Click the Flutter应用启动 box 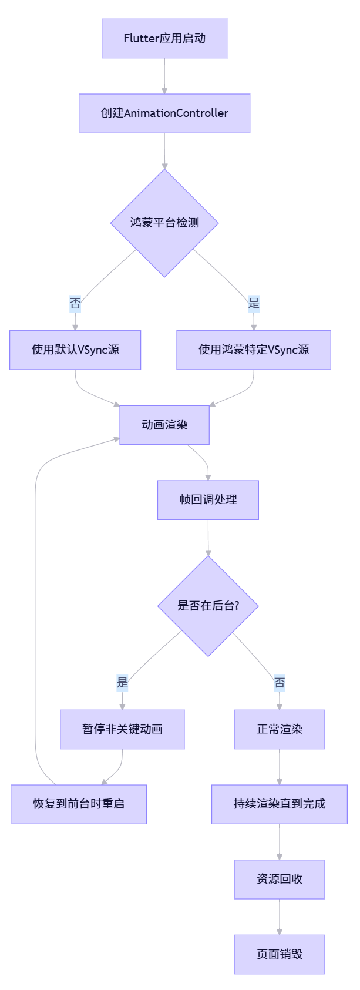tap(164, 38)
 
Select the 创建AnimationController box tap(164, 113)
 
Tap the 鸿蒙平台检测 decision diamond tap(164, 223)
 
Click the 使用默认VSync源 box tap(75, 350)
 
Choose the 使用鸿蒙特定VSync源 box tap(254, 350)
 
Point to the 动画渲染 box tap(164, 425)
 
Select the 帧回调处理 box tap(208, 500)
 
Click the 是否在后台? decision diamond tap(208, 606)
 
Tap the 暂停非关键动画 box tap(122, 729)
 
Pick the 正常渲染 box tap(280, 729)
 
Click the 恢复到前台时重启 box tap(79, 804)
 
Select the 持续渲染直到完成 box tap(280, 804)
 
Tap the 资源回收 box tap(280, 879)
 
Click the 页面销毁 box tap(280, 954)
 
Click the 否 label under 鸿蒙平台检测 tap(75, 304)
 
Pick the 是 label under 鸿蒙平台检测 tap(254, 304)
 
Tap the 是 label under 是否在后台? tap(122, 683)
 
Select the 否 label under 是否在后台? tap(280, 683)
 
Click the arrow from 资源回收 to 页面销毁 tap(280, 917)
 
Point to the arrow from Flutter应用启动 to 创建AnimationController tap(164, 76)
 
